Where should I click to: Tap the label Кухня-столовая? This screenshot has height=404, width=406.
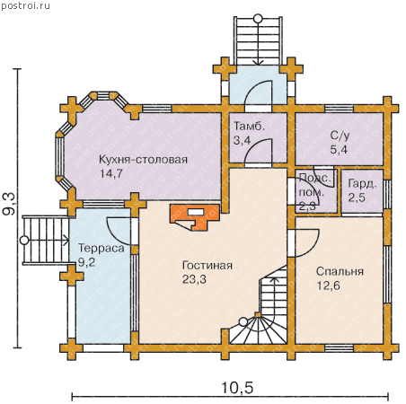click(x=143, y=160)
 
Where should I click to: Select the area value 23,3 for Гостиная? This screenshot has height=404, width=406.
click(x=194, y=279)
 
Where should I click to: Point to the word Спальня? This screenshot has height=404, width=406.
click(x=340, y=272)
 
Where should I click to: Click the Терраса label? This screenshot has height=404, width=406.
click(x=101, y=248)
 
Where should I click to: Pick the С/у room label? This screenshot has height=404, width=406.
click(x=340, y=136)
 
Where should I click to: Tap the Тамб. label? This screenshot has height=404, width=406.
click(x=249, y=126)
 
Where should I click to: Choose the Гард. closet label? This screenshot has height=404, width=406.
click(x=362, y=184)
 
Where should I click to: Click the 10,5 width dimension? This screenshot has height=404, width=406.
click(x=237, y=388)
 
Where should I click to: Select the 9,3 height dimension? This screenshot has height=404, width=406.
click(x=9, y=204)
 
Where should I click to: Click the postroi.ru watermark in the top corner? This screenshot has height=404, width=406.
click(x=25, y=5)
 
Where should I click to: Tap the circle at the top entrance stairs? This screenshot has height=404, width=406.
click(x=258, y=19)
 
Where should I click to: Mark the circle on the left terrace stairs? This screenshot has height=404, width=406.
click(x=24, y=241)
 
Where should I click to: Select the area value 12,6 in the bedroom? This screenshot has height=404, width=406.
click(x=329, y=285)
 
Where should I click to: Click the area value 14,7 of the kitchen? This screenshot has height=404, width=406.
click(x=111, y=174)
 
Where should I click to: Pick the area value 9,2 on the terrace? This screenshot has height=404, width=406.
click(x=86, y=262)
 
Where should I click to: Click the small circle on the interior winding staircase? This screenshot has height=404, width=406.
click(x=243, y=322)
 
